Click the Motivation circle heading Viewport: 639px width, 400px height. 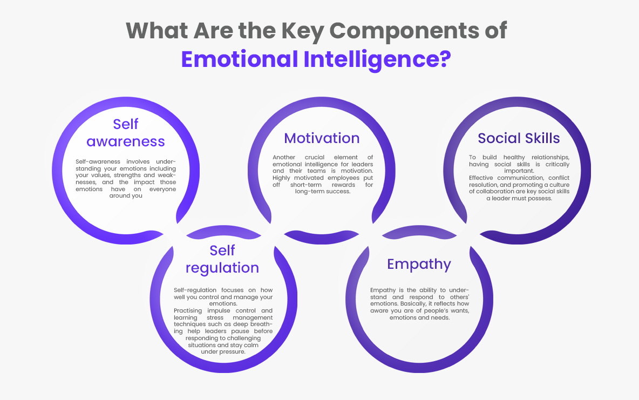coord(322,138)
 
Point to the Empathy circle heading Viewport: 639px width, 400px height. coord(419,264)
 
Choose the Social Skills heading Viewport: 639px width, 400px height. coord(519,138)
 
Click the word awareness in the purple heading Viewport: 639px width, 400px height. coord(126,141)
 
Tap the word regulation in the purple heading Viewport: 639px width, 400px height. coord(222,268)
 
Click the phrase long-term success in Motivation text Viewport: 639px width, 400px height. coord(322,191)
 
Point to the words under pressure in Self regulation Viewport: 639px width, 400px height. coord(223,351)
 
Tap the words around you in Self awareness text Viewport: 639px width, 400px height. coord(126,195)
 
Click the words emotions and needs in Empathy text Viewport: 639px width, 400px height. coord(419,317)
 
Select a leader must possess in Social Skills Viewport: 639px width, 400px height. coord(519,198)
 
